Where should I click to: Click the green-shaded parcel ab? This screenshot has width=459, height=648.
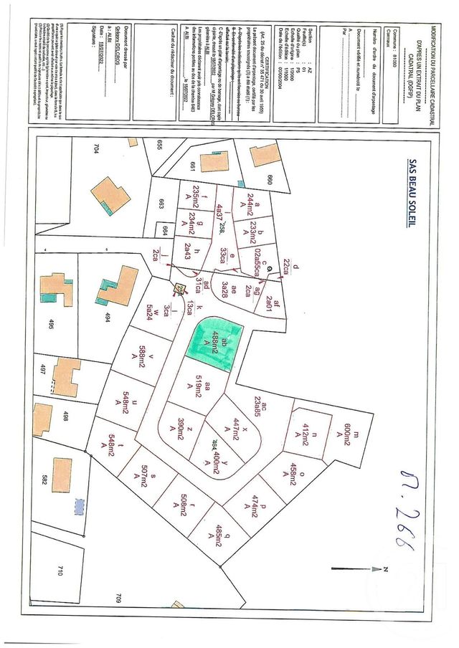(215, 341)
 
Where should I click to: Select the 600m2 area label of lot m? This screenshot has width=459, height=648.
(347, 434)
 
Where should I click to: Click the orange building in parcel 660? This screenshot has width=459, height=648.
(263, 155)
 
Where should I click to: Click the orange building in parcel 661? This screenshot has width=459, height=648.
(214, 162)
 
